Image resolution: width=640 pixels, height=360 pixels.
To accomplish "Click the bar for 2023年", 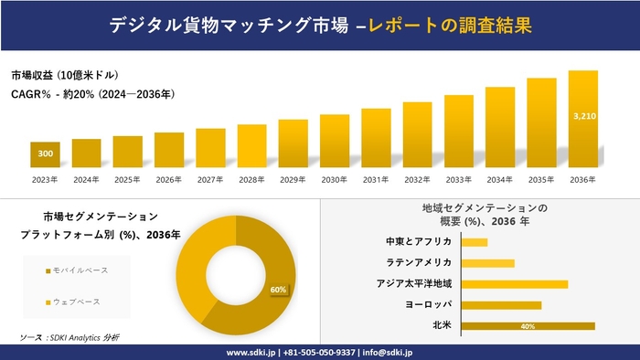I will [45, 155].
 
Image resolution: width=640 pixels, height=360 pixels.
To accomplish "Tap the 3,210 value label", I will [582, 116].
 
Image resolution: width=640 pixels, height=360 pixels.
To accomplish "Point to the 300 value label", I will [45, 153].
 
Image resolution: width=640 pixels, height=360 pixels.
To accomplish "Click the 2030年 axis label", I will [335, 179].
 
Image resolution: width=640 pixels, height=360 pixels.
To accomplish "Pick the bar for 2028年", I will [251, 146].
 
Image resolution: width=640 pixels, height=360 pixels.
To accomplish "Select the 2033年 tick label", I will [459, 179].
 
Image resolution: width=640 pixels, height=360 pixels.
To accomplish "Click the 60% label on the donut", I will [278, 290].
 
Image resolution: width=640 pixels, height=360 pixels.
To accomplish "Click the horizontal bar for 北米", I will [528, 325].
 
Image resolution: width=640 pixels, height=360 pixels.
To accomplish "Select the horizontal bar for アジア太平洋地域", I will [515, 284].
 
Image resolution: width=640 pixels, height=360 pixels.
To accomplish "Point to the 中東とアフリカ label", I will [418, 242].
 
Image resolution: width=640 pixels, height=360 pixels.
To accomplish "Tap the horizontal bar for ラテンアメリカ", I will [488, 263].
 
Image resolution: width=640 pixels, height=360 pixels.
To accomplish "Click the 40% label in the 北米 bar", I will [527, 326].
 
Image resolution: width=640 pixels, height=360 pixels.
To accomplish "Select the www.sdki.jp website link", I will [251, 352].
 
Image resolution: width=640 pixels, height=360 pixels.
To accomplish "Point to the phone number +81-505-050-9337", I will [320, 352].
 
